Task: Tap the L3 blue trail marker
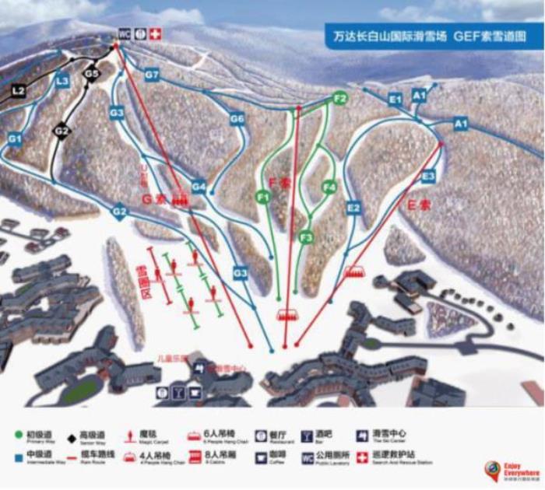(62, 81)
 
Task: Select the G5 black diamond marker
(92, 74)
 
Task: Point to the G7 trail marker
(152, 75)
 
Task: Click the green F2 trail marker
(339, 99)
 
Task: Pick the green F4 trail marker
(329, 187)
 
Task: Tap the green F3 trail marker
(307, 236)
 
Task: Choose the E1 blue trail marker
(395, 99)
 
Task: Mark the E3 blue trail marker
(428, 177)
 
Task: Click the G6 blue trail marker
(238, 119)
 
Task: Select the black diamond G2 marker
(62, 131)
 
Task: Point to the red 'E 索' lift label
(420, 207)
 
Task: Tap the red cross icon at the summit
(154, 34)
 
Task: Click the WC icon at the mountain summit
(124, 34)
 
